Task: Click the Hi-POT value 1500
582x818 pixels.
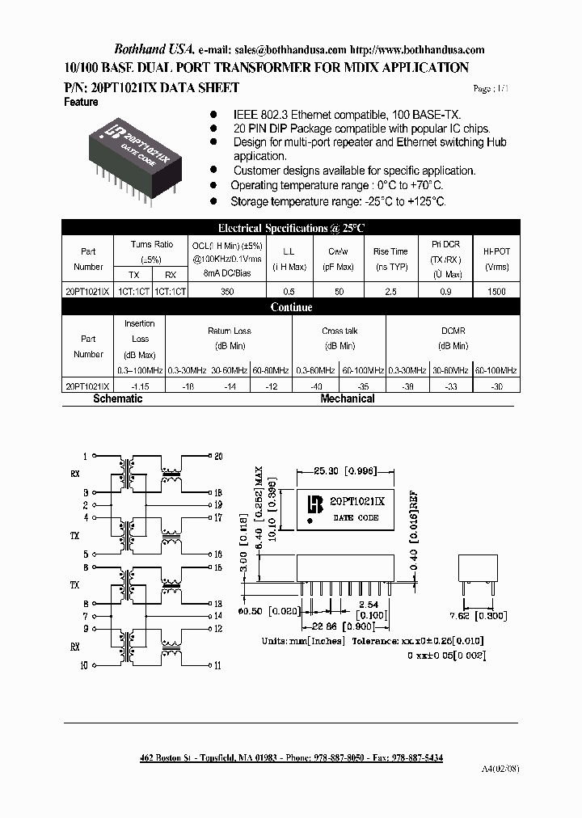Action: pos(496,292)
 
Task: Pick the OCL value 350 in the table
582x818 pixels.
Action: pos(227,292)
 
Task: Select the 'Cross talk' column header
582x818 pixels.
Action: pos(339,331)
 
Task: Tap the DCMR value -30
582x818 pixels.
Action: pos(496,387)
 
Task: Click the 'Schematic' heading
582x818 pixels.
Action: pos(117,399)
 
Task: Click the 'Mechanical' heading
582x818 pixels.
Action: pos(347,399)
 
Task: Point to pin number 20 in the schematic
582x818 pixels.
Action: pos(217,456)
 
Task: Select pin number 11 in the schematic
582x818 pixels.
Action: pos(217,665)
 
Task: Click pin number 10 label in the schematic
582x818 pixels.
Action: pos(84,665)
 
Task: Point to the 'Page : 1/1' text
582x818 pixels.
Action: pos(492,89)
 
